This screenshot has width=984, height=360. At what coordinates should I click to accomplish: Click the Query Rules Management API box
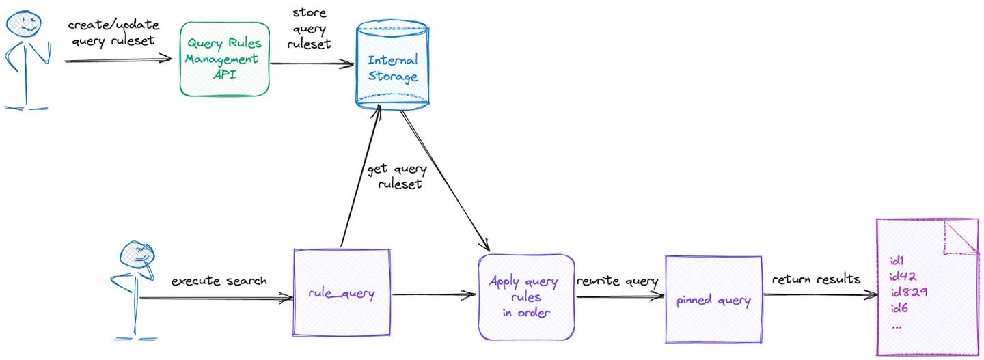[223, 59]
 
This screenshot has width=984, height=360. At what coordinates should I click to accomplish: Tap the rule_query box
[342, 295]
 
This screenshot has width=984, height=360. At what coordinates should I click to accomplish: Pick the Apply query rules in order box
[525, 296]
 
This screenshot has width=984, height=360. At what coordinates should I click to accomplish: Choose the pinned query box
[713, 300]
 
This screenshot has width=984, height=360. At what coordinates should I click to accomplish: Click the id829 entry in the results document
[908, 292]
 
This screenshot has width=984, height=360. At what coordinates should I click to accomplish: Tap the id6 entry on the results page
[899, 309]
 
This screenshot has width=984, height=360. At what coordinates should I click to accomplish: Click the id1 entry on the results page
[897, 260]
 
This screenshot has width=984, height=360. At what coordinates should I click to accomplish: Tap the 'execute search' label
[219, 281]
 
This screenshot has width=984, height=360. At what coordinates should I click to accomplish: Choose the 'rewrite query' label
[617, 281]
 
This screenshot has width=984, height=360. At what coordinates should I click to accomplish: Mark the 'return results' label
[816, 280]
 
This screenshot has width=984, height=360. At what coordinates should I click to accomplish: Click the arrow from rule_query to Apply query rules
[434, 295]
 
